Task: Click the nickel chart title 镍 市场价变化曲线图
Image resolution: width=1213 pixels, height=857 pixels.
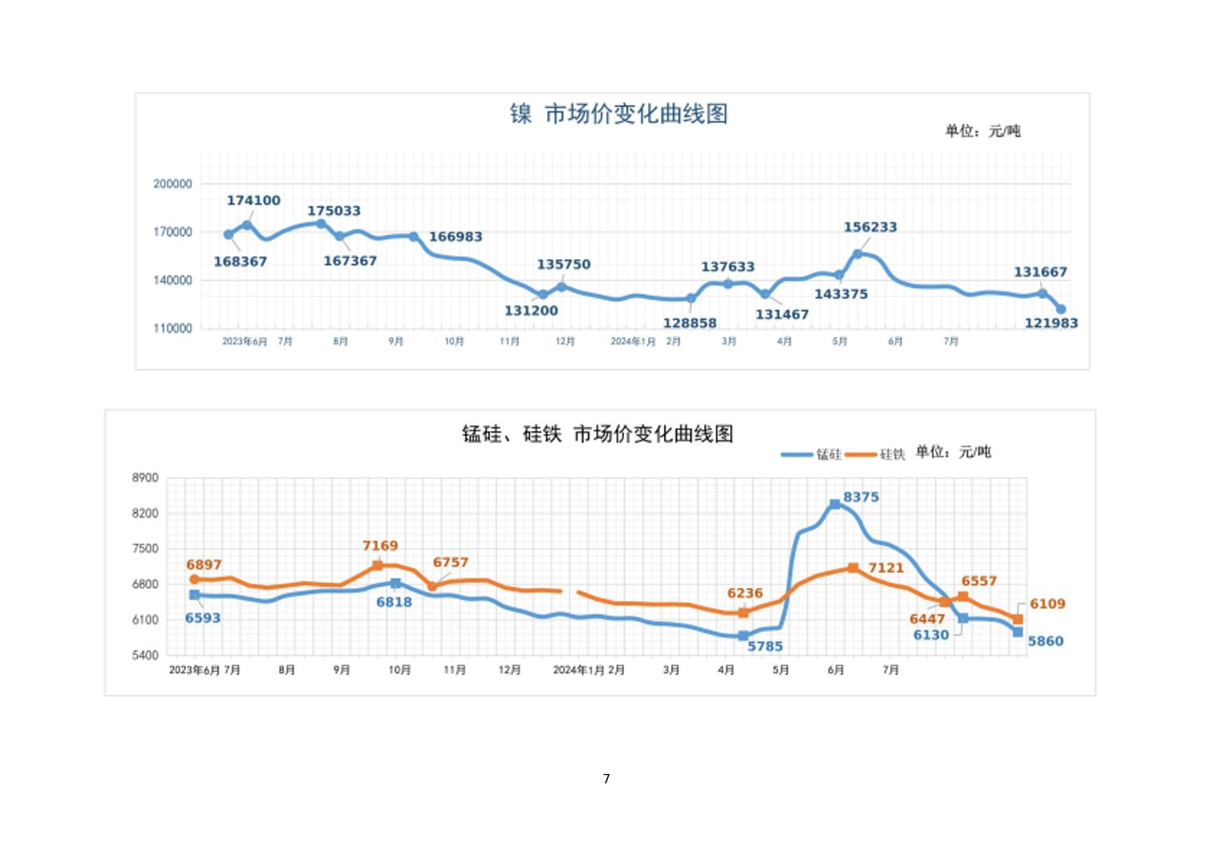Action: (x=618, y=113)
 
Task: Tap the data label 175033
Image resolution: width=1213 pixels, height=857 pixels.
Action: (x=334, y=211)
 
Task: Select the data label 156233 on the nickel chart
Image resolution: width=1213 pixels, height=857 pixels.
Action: (x=870, y=227)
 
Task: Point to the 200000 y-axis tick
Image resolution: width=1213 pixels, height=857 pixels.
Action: (x=172, y=184)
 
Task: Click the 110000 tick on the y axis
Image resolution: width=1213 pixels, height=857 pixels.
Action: (x=172, y=328)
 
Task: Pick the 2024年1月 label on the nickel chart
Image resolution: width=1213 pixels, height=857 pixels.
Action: (x=633, y=342)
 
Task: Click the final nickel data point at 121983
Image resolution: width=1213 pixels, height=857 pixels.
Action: (x=1061, y=310)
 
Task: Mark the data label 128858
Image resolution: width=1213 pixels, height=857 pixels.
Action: (x=689, y=323)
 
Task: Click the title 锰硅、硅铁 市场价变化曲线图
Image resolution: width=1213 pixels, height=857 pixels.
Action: (x=598, y=434)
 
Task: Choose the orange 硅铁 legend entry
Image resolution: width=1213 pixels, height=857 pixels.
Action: (x=875, y=454)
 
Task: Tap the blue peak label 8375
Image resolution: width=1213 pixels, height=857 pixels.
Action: (x=861, y=497)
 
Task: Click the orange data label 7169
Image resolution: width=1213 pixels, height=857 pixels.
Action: (x=380, y=546)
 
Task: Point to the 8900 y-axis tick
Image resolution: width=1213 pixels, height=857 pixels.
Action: (x=145, y=478)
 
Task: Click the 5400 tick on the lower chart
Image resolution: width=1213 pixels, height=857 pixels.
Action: (x=145, y=655)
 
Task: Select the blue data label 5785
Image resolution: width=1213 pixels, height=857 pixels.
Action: (x=765, y=646)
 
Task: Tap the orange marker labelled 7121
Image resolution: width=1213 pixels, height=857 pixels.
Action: (x=853, y=568)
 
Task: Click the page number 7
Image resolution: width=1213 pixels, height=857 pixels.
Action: (x=606, y=779)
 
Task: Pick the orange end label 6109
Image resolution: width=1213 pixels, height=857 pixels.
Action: (x=1047, y=604)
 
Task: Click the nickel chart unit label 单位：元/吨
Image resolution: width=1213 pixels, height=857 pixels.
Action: (x=982, y=131)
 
